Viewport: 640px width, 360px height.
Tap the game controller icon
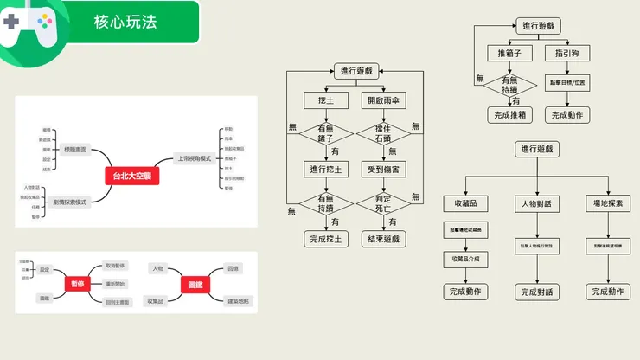[x=27, y=24]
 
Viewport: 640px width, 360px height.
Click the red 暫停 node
[x=76, y=284]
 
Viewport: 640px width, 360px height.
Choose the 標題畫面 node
[x=76, y=150]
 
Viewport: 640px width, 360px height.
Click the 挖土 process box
[x=325, y=100]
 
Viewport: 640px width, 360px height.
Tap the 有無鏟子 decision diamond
[x=325, y=135]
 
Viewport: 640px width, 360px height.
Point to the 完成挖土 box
[x=325, y=239]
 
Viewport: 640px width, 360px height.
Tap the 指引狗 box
[x=566, y=53]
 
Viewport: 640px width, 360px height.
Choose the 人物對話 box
[x=536, y=204]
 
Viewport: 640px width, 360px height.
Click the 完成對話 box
[x=536, y=292]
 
